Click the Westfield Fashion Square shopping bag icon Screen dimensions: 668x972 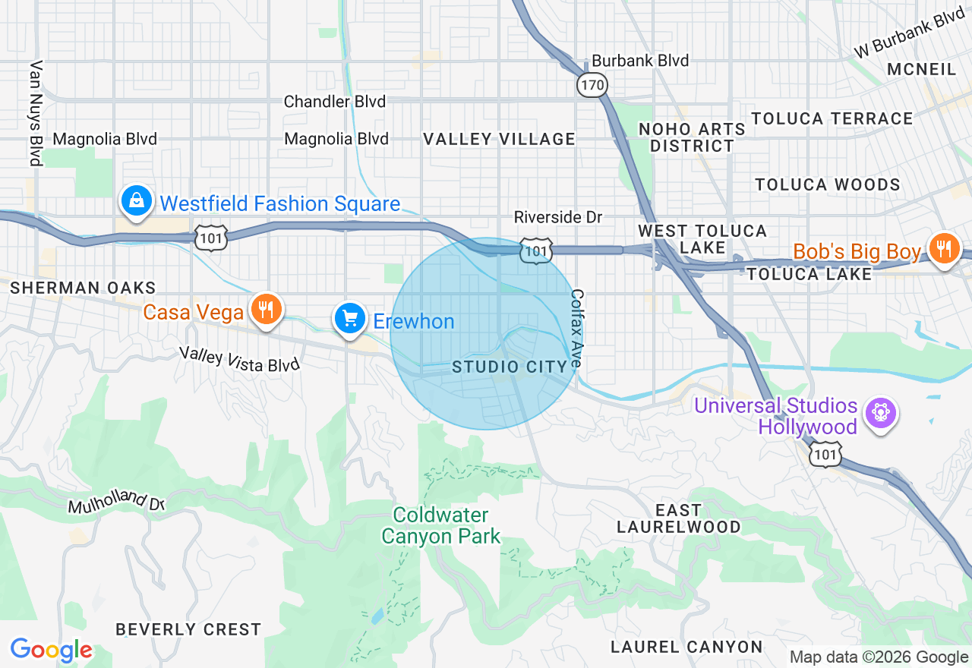pos(136,201)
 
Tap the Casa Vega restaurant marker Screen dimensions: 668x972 pos(265,310)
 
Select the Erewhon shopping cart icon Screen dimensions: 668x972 pos(350,319)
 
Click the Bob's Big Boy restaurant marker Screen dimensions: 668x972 pos(944,248)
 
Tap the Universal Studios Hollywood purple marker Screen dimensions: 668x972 pos(880,413)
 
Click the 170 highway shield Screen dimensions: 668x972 pos(592,84)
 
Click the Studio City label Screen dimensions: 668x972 pos(510,367)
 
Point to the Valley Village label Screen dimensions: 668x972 pos(499,139)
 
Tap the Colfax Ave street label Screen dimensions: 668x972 pos(576,329)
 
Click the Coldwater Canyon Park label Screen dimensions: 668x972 pos(440,526)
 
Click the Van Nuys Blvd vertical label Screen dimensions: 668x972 pos(35,114)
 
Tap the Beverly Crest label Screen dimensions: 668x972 pos(188,629)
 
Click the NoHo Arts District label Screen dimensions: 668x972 pos(692,137)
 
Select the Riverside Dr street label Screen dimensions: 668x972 pos(557,218)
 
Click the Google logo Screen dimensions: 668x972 pos(51,651)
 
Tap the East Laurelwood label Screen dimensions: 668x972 pos(678,518)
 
